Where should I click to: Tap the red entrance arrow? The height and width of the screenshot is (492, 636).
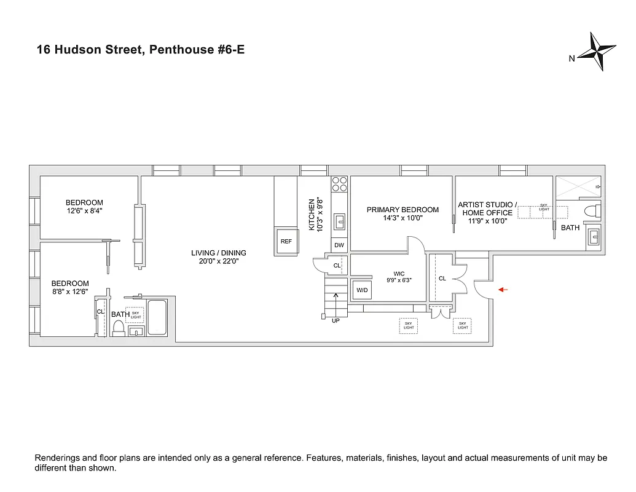(502, 290)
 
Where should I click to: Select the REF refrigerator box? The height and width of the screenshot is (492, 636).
(286, 241)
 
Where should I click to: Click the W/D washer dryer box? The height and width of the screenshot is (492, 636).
(361, 290)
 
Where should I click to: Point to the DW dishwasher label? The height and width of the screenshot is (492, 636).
(339, 245)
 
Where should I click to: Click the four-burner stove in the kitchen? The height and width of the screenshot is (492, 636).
(339, 183)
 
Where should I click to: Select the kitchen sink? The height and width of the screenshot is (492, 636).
(339, 221)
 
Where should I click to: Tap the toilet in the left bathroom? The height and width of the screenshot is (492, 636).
(119, 328)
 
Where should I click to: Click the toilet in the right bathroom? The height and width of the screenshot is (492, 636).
(591, 212)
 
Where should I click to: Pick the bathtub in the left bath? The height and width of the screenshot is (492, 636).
(157, 317)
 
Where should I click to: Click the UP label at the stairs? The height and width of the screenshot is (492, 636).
(336, 320)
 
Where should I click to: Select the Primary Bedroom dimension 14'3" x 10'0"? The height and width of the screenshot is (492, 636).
(402, 218)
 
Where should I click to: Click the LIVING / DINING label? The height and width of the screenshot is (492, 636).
(218, 253)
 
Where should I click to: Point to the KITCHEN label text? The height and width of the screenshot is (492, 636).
(312, 214)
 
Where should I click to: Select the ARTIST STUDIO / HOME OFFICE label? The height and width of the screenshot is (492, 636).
(487, 208)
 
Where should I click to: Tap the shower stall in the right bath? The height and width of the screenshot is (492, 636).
(578, 188)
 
